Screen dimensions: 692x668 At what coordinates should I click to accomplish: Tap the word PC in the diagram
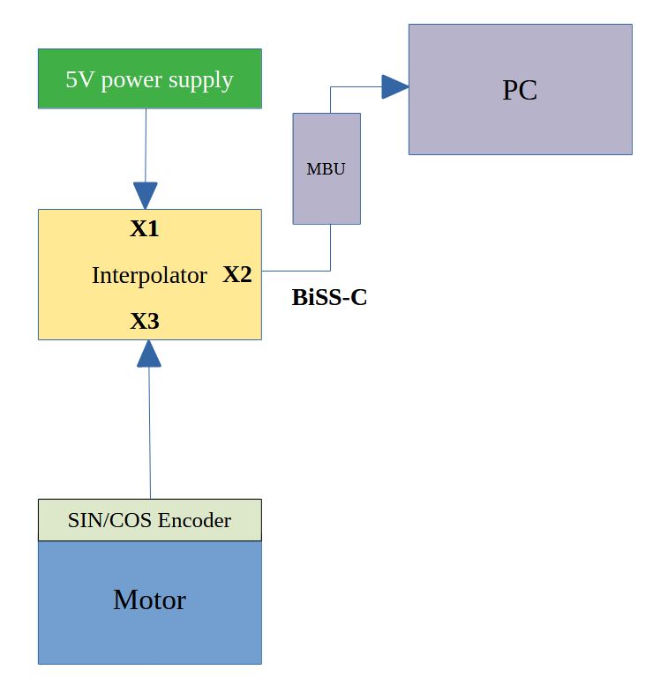pos(520,91)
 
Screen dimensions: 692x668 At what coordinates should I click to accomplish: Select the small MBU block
pos(326,168)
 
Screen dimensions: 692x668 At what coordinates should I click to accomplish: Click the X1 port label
pos(145,229)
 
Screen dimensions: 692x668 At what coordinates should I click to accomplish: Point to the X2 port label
pos(236,275)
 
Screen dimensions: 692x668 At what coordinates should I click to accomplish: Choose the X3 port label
pos(145,322)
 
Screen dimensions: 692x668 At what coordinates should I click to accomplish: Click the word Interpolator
pos(149,276)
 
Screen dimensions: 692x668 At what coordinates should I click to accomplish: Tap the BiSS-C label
pos(329,298)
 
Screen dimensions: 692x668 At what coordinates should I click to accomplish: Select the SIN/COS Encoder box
pos(149,520)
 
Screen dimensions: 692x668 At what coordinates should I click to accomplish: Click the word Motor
pos(149,600)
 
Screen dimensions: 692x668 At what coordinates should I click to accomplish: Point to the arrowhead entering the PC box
pos(394,86)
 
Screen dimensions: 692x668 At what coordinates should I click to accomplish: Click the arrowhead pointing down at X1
pos(146,195)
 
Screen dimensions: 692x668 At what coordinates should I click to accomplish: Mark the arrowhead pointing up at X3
pos(149,353)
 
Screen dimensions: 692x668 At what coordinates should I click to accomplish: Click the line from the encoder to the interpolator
pos(150,432)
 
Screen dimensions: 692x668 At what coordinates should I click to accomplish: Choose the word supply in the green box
pos(204,81)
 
